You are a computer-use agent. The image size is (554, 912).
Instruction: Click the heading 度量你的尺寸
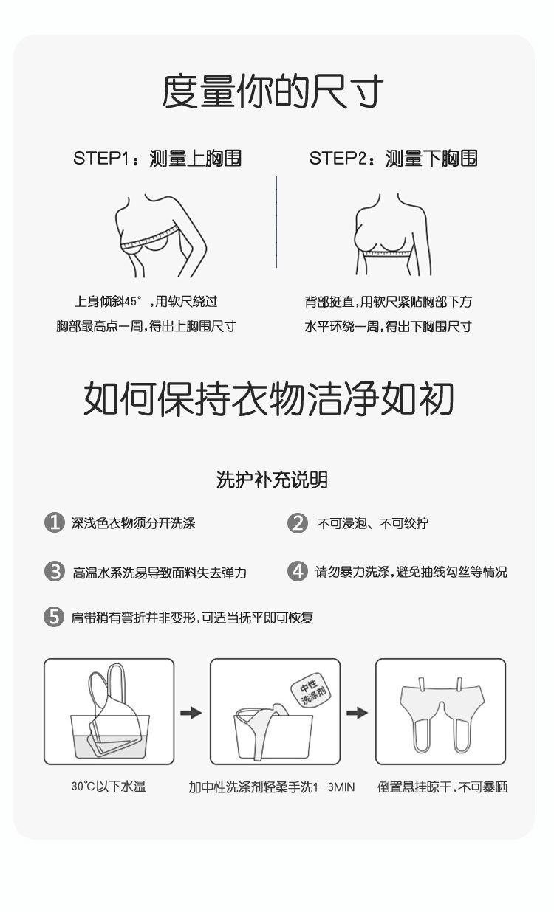click(273, 92)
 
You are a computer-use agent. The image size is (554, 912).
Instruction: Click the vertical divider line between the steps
click(277, 221)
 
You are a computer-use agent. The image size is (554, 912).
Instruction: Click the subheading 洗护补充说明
click(272, 480)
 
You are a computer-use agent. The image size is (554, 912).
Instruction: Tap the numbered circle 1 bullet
click(54, 523)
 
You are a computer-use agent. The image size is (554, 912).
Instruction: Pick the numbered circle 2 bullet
click(297, 523)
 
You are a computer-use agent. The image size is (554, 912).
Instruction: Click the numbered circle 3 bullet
click(54, 571)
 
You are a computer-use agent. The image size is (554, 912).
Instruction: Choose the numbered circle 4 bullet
click(297, 571)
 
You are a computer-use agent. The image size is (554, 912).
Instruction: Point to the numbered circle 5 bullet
click(54, 617)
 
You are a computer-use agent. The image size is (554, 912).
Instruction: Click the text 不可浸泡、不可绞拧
click(372, 524)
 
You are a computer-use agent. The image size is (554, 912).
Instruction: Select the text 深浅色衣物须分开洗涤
click(133, 524)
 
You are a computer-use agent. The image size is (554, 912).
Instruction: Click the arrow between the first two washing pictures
click(191, 712)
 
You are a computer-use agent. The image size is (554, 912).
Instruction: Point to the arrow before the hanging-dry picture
click(358, 712)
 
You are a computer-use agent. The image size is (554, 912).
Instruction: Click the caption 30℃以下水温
click(109, 787)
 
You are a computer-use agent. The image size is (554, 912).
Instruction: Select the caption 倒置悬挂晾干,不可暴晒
click(442, 787)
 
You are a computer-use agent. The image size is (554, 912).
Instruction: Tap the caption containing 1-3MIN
click(272, 787)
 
